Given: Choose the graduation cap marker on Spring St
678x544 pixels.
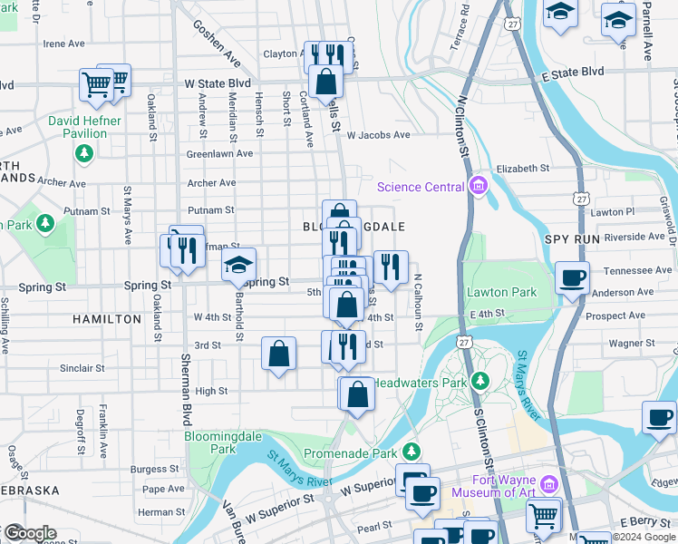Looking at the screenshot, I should pyautogui.click(x=239, y=265).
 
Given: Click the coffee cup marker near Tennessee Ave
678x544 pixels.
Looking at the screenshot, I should pyautogui.click(x=571, y=278).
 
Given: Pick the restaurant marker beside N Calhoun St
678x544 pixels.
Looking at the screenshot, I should pyautogui.click(x=391, y=267).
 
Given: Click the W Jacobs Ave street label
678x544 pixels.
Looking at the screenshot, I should pyautogui.click(x=378, y=135).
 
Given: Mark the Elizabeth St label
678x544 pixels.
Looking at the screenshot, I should pyautogui.click(x=523, y=168).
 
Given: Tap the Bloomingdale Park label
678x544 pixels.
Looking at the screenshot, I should pyautogui.click(x=210, y=442).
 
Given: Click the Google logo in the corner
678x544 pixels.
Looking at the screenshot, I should pyautogui.click(x=30, y=533).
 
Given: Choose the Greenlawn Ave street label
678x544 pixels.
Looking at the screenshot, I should pyautogui.click(x=219, y=154).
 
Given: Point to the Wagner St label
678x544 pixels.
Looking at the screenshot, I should pyautogui.click(x=625, y=344).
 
